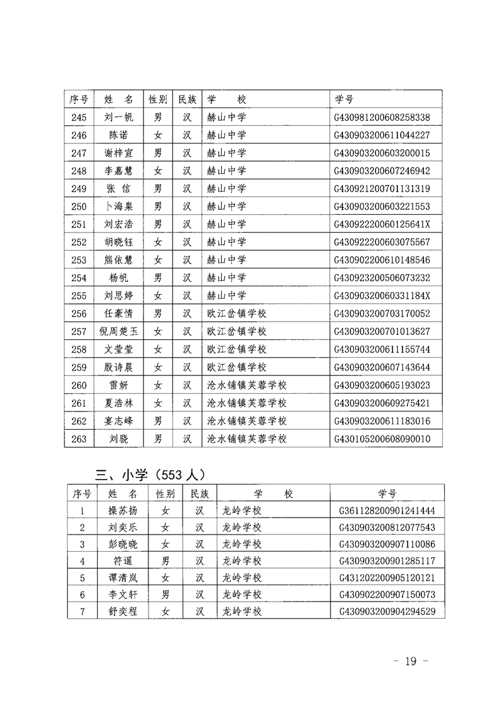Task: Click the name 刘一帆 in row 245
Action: pyautogui.click(x=119, y=117)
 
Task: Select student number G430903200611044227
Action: pyautogui.click(x=382, y=135)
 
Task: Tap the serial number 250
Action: pyautogui.click(x=78, y=206)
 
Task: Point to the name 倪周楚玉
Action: pyautogui.click(x=119, y=331)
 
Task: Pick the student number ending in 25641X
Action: pyautogui.click(x=382, y=224)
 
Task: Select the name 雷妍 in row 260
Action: pyautogui.click(x=119, y=385)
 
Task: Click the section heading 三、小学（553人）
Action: pyautogui.click(x=149, y=474)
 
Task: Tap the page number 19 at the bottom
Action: pyautogui.click(x=411, y=661)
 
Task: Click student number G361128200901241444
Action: pyautogui.click(x=387, y=511)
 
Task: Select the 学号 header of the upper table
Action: pyautogui.click(x=344, y=99)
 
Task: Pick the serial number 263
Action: pyautogui.click(x=78, y=439)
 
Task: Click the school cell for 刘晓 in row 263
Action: pyautogui.click(x=247, y=439)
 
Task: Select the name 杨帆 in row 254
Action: pyautogui.click(x=119, y=277)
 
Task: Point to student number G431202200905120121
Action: pyautogui.click(x=387, y=578)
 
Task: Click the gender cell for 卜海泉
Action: pyautogui.click(x=158, y=206)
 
